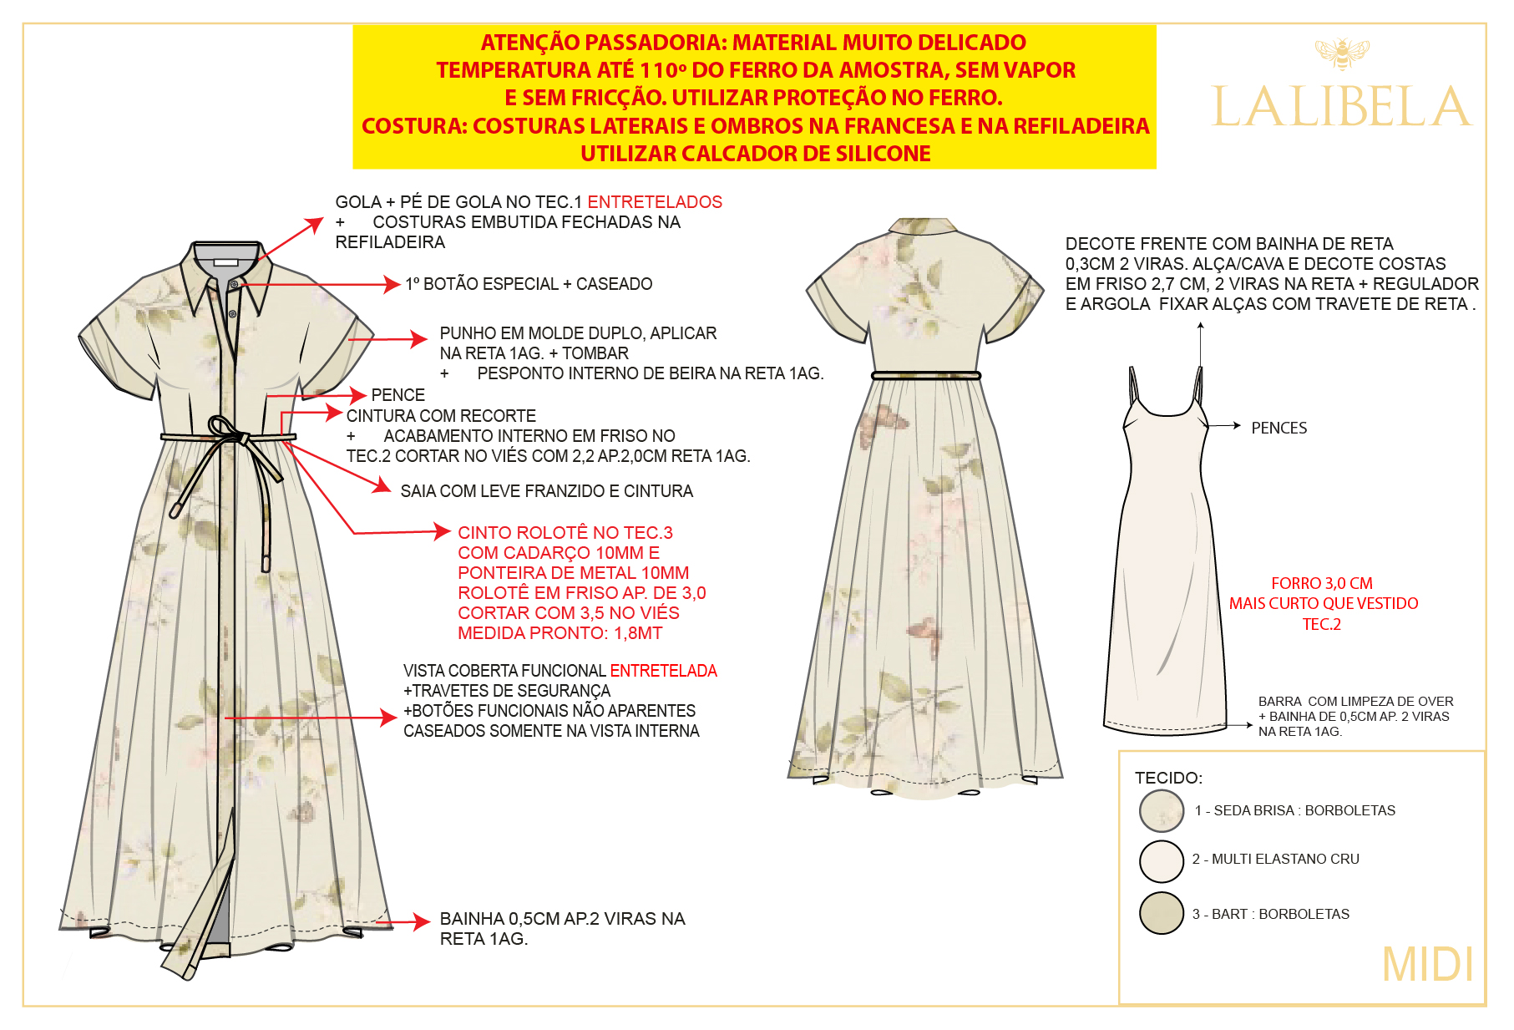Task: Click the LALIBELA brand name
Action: click(1340, 106)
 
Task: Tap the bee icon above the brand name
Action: click(1342, 53)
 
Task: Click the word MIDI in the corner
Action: click(1427, 965)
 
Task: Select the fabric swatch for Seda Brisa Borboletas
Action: click(1162, 810)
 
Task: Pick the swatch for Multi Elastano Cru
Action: click(1162, 861)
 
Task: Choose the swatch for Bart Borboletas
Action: click(1162, 913)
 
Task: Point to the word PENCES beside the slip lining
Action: click(1279, 428)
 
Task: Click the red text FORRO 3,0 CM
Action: click(1322, 583)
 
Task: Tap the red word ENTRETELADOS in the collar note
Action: click(655, 202)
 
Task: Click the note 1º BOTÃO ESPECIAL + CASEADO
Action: click(529, 284)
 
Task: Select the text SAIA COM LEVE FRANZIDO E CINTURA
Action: click(547, 491)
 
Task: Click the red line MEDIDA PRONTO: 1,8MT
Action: click(560, 633)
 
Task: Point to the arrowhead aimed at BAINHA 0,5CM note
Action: click(421, 922)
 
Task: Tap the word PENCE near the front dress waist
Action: click(398, 395)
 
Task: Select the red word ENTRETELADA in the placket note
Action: click(663, 671)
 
